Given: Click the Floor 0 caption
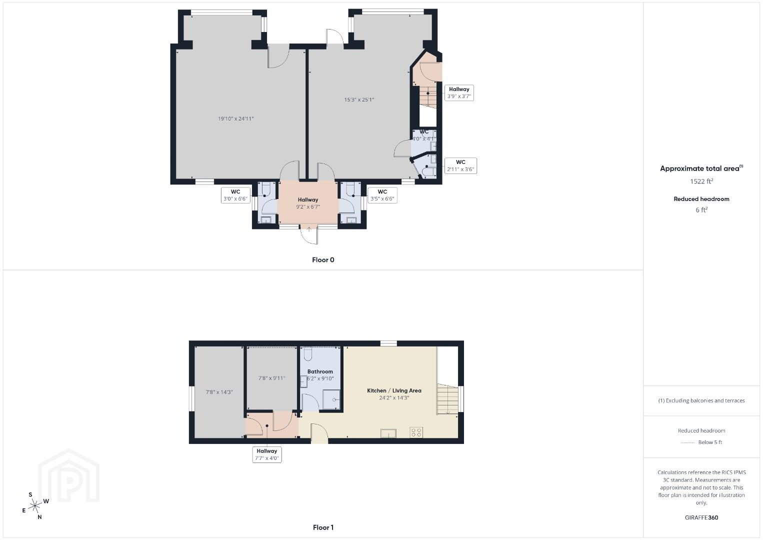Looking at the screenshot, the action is pos(323,260).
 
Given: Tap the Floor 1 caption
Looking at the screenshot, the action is pos(323,527).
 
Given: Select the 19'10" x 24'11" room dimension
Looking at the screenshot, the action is pos(235,118).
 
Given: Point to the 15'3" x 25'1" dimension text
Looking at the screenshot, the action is pos(359,100).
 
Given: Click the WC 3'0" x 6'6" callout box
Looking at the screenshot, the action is pos(235,195).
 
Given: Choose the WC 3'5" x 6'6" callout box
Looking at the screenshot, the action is pos(382,195).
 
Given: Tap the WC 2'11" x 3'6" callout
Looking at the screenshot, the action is pos(460,166).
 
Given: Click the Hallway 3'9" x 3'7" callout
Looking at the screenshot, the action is pos(459,92).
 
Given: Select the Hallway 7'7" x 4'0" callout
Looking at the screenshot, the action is pos(266,454).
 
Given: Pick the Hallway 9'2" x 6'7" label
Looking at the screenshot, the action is pos(308,203).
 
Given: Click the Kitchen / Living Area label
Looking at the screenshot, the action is pos(394,391).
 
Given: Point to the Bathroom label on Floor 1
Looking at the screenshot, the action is pos(320,371).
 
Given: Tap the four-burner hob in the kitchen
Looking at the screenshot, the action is pos(416,432).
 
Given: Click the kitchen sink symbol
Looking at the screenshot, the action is pos(388,433).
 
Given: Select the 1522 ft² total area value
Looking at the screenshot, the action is pos(701,181).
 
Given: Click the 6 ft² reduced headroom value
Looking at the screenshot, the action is pos(701,210).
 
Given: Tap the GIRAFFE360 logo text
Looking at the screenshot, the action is pos(701,517).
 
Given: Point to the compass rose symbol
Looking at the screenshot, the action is pos(34,506).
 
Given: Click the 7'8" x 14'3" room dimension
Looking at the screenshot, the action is pos(219,392).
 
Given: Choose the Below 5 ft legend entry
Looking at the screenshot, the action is pos(701,442).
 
